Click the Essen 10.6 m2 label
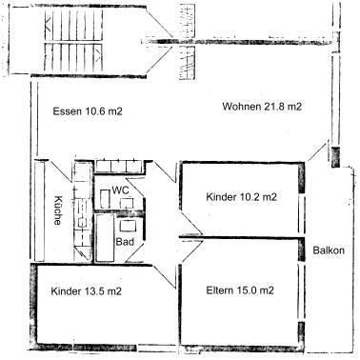tap(88, 111)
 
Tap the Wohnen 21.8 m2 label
tap(262, 107)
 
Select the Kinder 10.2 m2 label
tap(242, 197)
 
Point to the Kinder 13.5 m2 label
tap(87, 291)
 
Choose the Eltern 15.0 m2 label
tap(240, 290)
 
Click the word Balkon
tap(329, 250)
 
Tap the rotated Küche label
tap(57, 210)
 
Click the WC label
tap(120, 190)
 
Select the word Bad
tap(125, 242)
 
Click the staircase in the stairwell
tap(74, 41)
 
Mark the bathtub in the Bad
tap(105, 238)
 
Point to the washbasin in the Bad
tap(128, 226)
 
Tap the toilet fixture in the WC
tap(105, 199)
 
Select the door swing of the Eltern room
tap(191, 251)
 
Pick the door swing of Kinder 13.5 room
tap(165, 276)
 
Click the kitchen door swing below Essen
tap(59, 171)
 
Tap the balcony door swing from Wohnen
tap(316, 151)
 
